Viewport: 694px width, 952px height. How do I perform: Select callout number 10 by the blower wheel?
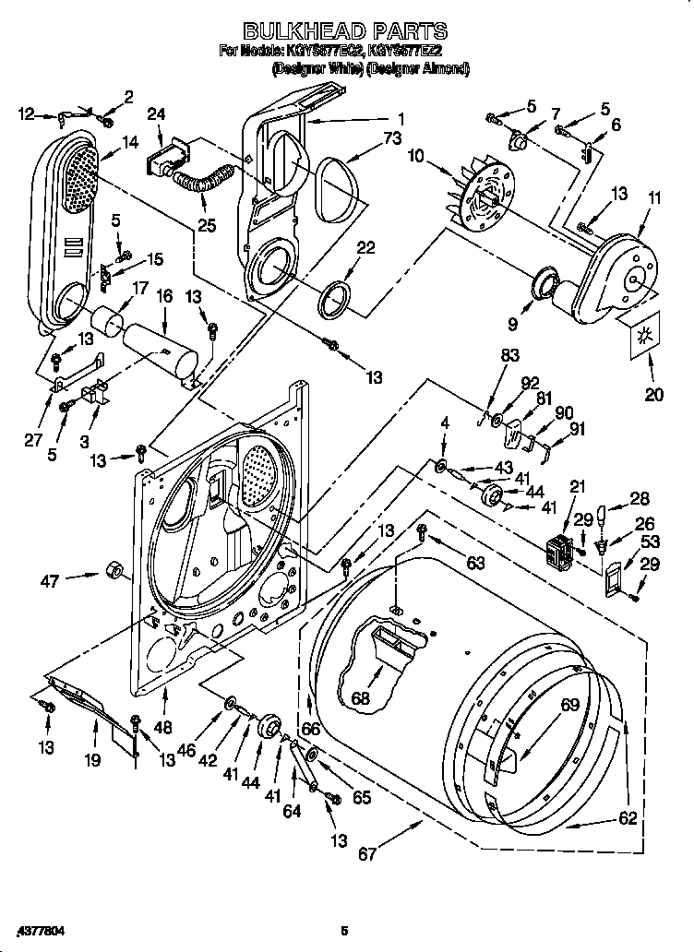pos(415,157)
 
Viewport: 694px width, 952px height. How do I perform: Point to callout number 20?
pos(654,395)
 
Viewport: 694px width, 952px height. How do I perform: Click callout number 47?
pos(51,580)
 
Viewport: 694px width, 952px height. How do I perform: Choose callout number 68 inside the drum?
pos(360,698)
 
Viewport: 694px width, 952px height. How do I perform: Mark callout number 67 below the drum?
pos(367,854)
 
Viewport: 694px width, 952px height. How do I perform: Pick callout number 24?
pos(156,113)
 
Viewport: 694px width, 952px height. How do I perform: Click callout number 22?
pos(365,248)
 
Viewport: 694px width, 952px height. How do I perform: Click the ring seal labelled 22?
pos(335,297)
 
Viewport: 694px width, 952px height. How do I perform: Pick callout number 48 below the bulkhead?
pos(163,726)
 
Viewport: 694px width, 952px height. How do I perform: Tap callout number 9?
pos(512,325)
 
